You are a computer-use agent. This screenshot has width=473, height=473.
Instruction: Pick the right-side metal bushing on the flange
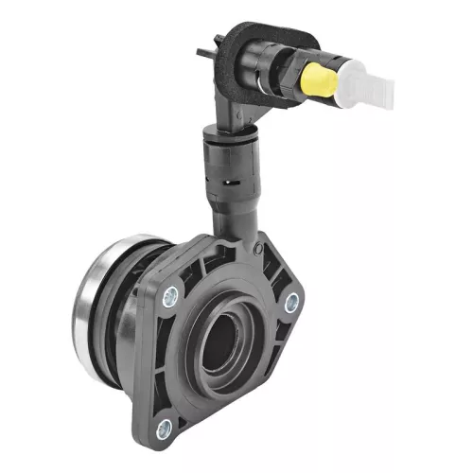[291, 302]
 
